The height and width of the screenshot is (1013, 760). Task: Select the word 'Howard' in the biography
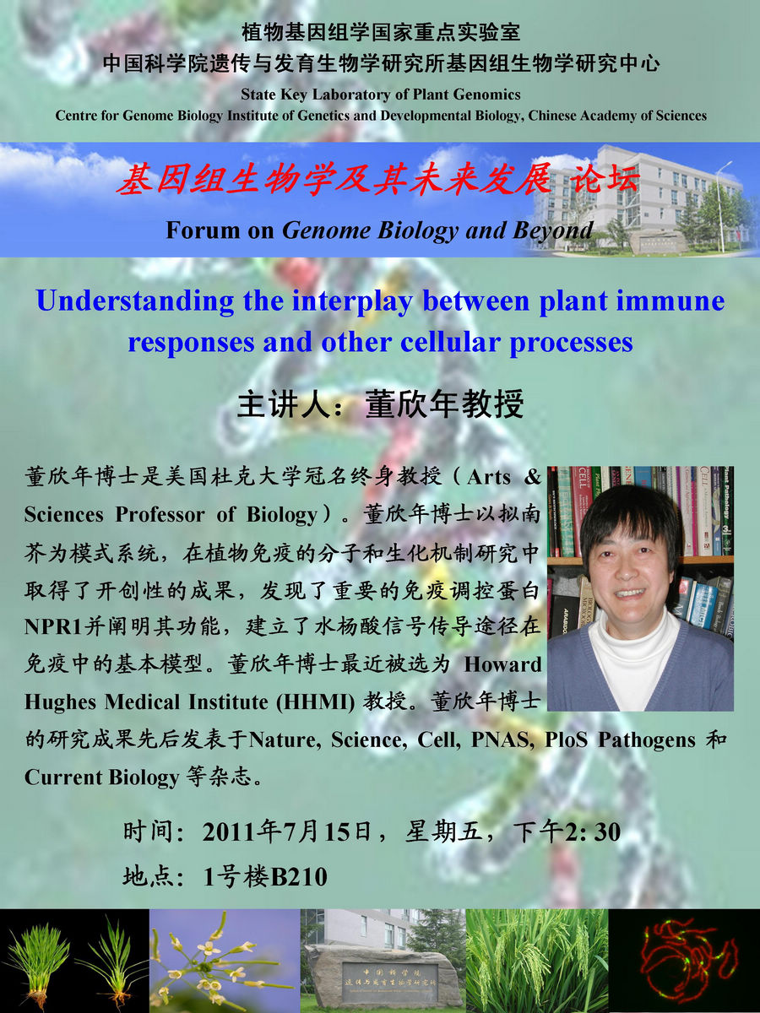[502, 664]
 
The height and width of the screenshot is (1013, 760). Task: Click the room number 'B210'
[298, 877]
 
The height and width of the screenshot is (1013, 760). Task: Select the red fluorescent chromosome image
[684, 961]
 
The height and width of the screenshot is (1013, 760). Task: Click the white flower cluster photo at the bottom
[225, 961]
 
